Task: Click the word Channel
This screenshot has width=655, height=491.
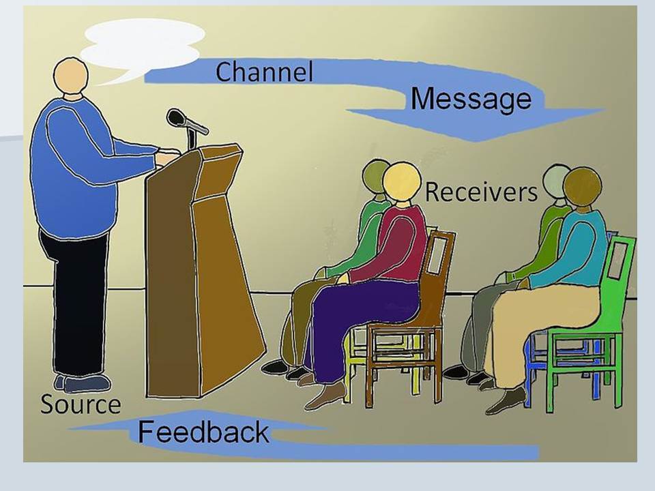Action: (264, 72)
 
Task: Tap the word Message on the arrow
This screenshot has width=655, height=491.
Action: (471, 99)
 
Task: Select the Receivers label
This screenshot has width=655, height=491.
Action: (481, 192)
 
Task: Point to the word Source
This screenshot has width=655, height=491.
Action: (81, 404)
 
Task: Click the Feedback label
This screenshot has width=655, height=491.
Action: (203, 432)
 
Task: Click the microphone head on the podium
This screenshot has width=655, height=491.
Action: (176, 118)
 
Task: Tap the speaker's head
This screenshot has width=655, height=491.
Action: (70, 76)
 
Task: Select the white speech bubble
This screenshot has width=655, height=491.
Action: (142, 45)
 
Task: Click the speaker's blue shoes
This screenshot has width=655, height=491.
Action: (83, 383)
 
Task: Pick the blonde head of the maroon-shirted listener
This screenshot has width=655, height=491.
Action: (402, 183)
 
